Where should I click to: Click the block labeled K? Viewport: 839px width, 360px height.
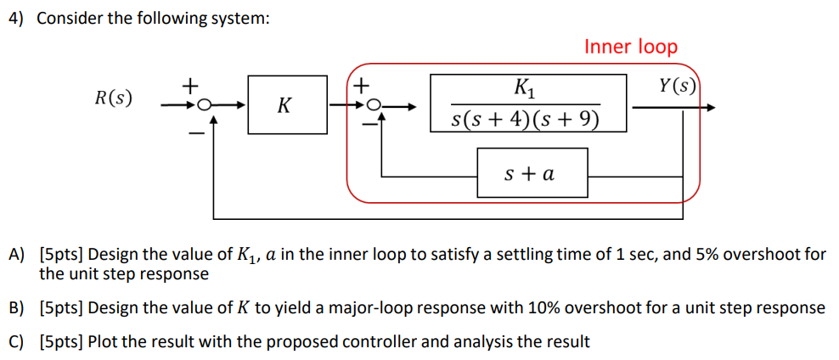point(287,105)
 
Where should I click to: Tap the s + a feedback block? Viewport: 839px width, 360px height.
point(532,175)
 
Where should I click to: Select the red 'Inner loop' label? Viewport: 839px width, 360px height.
point(630,47)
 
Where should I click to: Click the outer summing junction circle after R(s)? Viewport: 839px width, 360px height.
point(203,107)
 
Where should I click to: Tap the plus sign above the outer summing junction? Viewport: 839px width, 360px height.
point(191,85)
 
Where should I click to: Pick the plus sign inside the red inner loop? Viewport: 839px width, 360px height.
point(362,85)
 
